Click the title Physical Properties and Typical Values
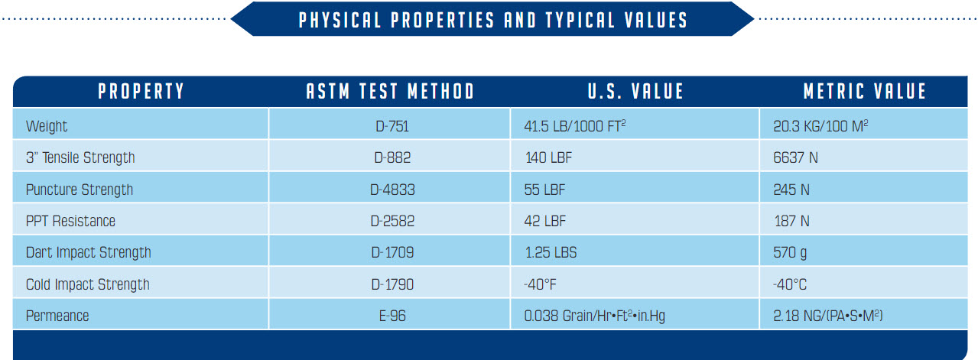pos(492,20)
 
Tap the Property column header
pos(141,92)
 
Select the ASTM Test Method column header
pos(390,92)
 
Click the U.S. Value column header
pos(635,92)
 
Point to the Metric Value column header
pos(865,92)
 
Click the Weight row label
pos(47,126)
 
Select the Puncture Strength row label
pos(80,190)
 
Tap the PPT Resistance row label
pos(70,221)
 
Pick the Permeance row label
pos(57,316)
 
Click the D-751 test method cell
pos(390,126)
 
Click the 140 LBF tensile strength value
pos(548,157)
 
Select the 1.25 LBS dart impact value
pos(550,252)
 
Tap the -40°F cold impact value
pos(541,284)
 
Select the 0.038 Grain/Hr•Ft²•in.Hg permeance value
pos(594,316)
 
